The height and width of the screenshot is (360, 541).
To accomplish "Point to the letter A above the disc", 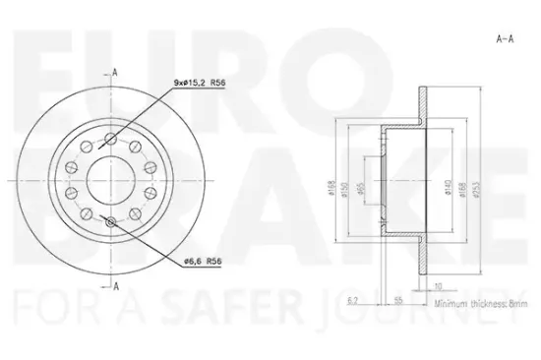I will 116,72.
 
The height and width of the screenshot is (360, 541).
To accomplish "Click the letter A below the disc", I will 116,286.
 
